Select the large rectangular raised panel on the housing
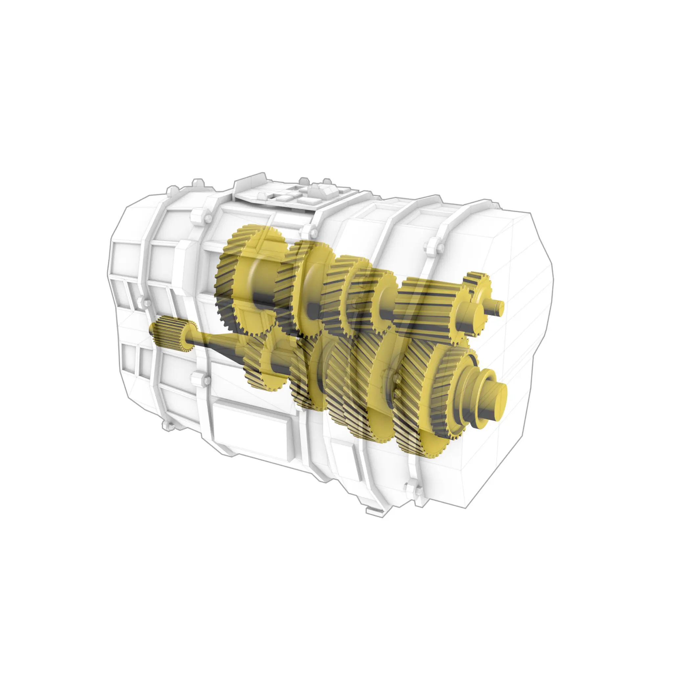pos(254,427)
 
